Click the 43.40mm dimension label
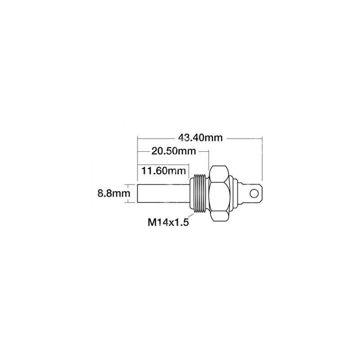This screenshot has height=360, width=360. tap(200, 138)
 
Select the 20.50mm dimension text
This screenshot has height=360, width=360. tap(174, 151)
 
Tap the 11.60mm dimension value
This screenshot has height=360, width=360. tap(163, 171)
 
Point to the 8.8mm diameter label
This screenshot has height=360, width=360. tap(114, 193)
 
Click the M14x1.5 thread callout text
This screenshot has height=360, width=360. tap(168, 222)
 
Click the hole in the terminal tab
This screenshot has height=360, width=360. tap(254, 193)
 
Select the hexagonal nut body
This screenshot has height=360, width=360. tap(220, 193)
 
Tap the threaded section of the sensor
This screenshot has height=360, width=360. tap(200, 193)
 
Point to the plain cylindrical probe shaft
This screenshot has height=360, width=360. tap(164, 193)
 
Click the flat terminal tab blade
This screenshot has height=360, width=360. tap(253, 193)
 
